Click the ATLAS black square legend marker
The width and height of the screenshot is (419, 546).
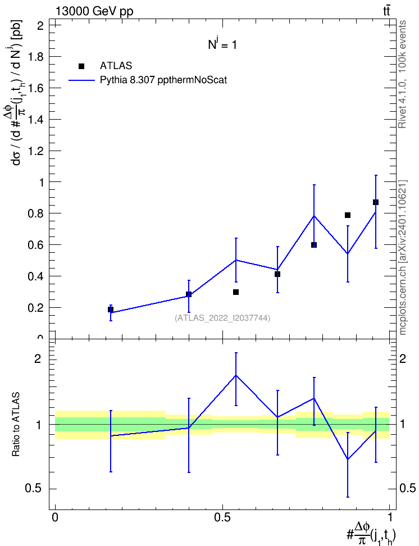(81, 66)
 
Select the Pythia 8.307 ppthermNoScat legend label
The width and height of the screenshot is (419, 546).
(163, 80)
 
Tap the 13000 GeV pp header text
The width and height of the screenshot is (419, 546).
(94, 11)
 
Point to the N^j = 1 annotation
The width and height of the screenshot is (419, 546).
(222, 44)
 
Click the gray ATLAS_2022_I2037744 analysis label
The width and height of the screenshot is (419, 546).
(222, 317)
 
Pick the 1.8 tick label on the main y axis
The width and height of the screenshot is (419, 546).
(36, 57)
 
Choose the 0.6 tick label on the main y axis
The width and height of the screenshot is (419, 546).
(36, 245)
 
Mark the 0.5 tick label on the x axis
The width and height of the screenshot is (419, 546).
(222, 517)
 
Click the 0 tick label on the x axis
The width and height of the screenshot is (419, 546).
(55, 517)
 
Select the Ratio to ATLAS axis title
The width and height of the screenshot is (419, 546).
(16, 425)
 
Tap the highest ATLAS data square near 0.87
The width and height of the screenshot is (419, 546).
(375, 202)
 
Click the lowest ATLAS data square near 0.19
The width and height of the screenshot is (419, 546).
(111, 309)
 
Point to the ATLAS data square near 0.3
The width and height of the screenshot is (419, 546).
(236, 292)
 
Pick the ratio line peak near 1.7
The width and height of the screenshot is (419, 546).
(236, 375)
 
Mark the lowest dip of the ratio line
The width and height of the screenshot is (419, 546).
(348, 459)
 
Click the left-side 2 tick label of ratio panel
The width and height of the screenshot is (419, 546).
(38, 358)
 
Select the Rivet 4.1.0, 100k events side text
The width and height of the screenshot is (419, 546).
(403, 74)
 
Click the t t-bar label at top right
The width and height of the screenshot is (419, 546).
(386, 11)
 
